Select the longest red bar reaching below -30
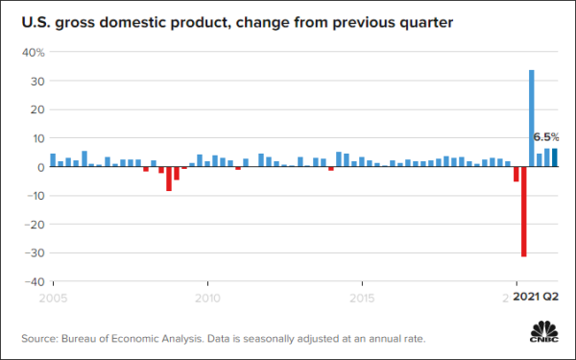pos(524,211)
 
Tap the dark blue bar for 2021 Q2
pos(555,157)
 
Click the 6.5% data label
pos(545,137)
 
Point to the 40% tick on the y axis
pos(34,52)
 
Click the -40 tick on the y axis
pos(34,281)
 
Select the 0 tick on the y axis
pos(40,167)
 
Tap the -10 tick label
pos(34,196)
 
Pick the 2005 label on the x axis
pos(52,299)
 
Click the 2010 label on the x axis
pos(206,299)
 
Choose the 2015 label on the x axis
pos(362,299)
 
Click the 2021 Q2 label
pos(536,299)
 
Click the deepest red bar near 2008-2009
pos(169,179)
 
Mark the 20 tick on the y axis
pos(36,109)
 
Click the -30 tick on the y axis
pos(34,253)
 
